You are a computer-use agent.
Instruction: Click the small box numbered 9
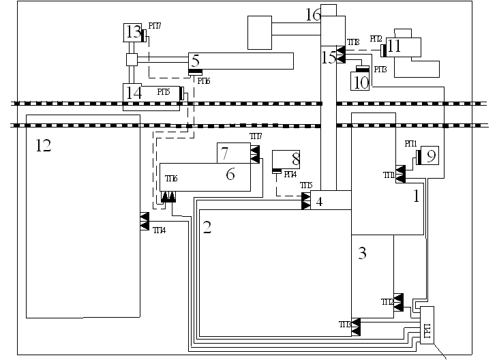tap(430, 156)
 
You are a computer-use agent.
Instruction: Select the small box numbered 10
tap(361, 81)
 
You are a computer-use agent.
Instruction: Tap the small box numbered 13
tap(132, 32)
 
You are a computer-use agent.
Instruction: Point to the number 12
tap(43, 146)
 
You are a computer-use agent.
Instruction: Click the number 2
tap(207, 228)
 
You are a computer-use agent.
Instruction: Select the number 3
tap(363, 254)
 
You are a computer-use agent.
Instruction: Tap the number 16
tap(314, 15)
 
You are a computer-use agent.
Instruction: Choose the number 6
tap(230, 175)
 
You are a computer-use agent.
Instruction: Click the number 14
tap(134, 93)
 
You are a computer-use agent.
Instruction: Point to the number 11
tap(394, 46)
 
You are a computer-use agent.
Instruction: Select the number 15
tap(329, 58)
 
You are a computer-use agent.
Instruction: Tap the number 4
tap(319, 201)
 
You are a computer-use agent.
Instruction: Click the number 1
tap(413, 197)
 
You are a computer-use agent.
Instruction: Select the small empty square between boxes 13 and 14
tap(132, 60)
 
